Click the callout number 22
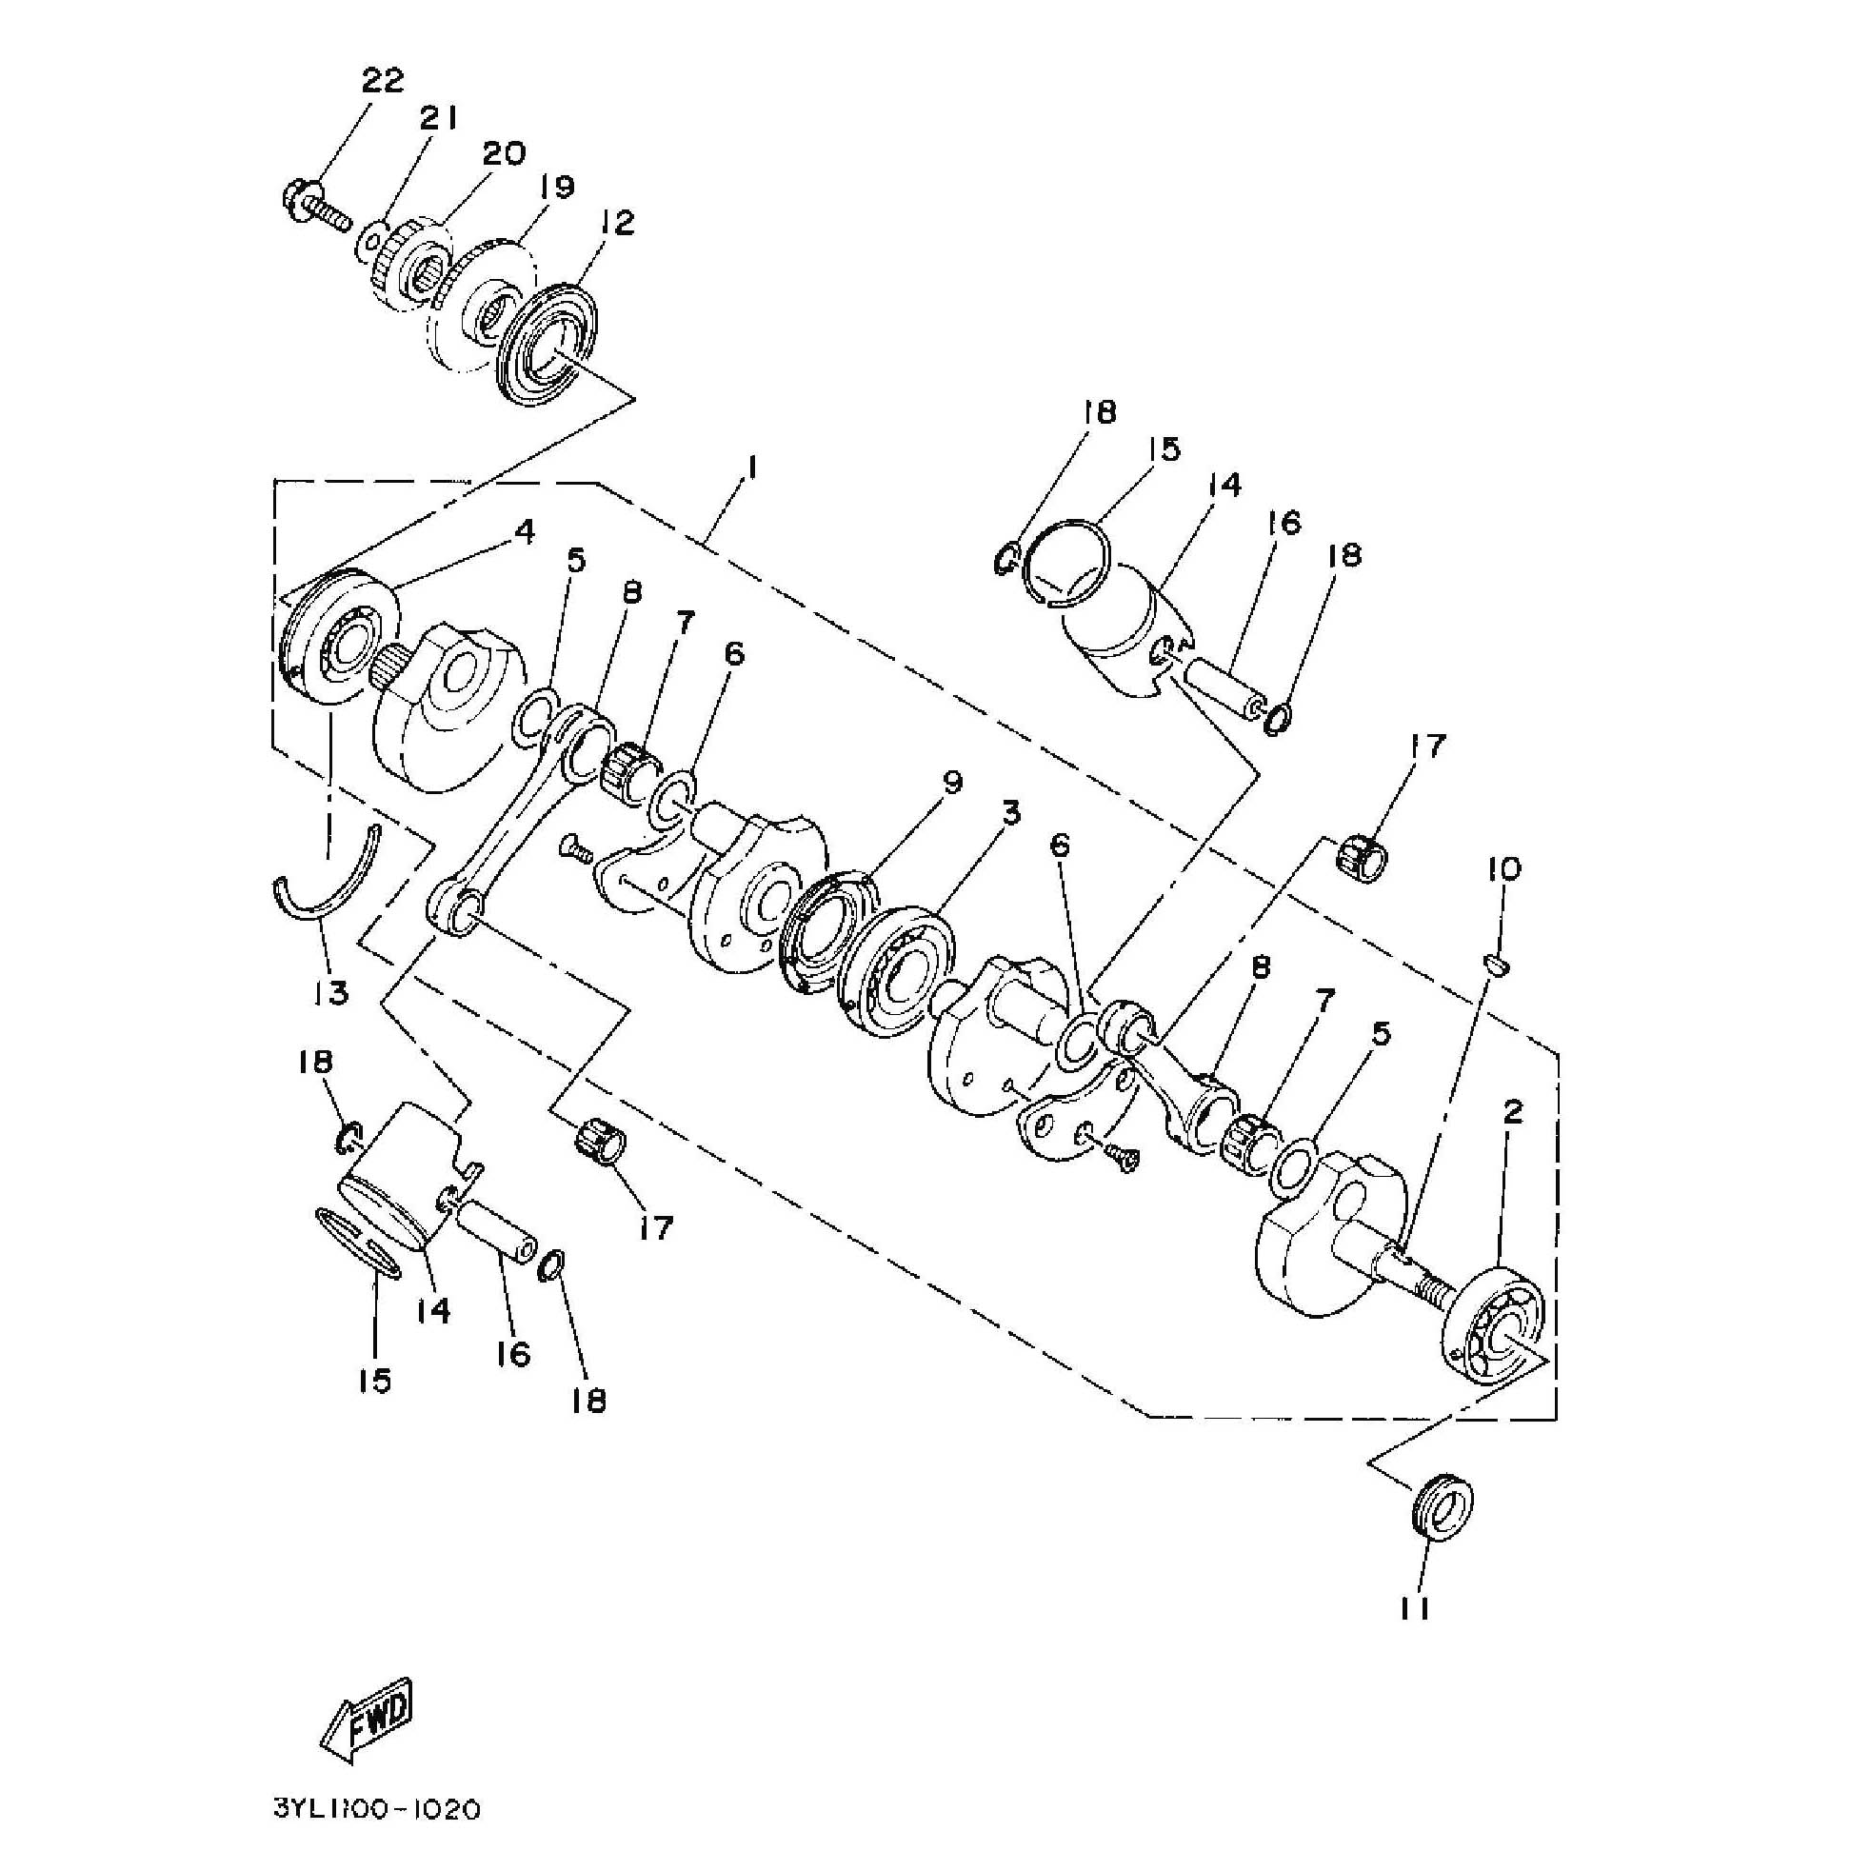[x=382, y=80]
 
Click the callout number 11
[x=1414, y=1608]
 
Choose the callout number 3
[x=1011, y=813]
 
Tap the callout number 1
[x=753, y=467]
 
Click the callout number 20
[x=504, y=153]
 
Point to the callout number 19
[x=557, y=187]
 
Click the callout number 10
[x=1504, y=870]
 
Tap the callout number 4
[x=524, y=531]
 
